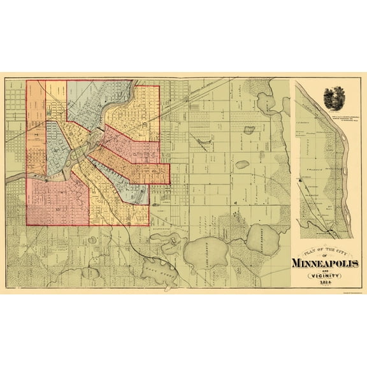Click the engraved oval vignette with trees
coord(331,95)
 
